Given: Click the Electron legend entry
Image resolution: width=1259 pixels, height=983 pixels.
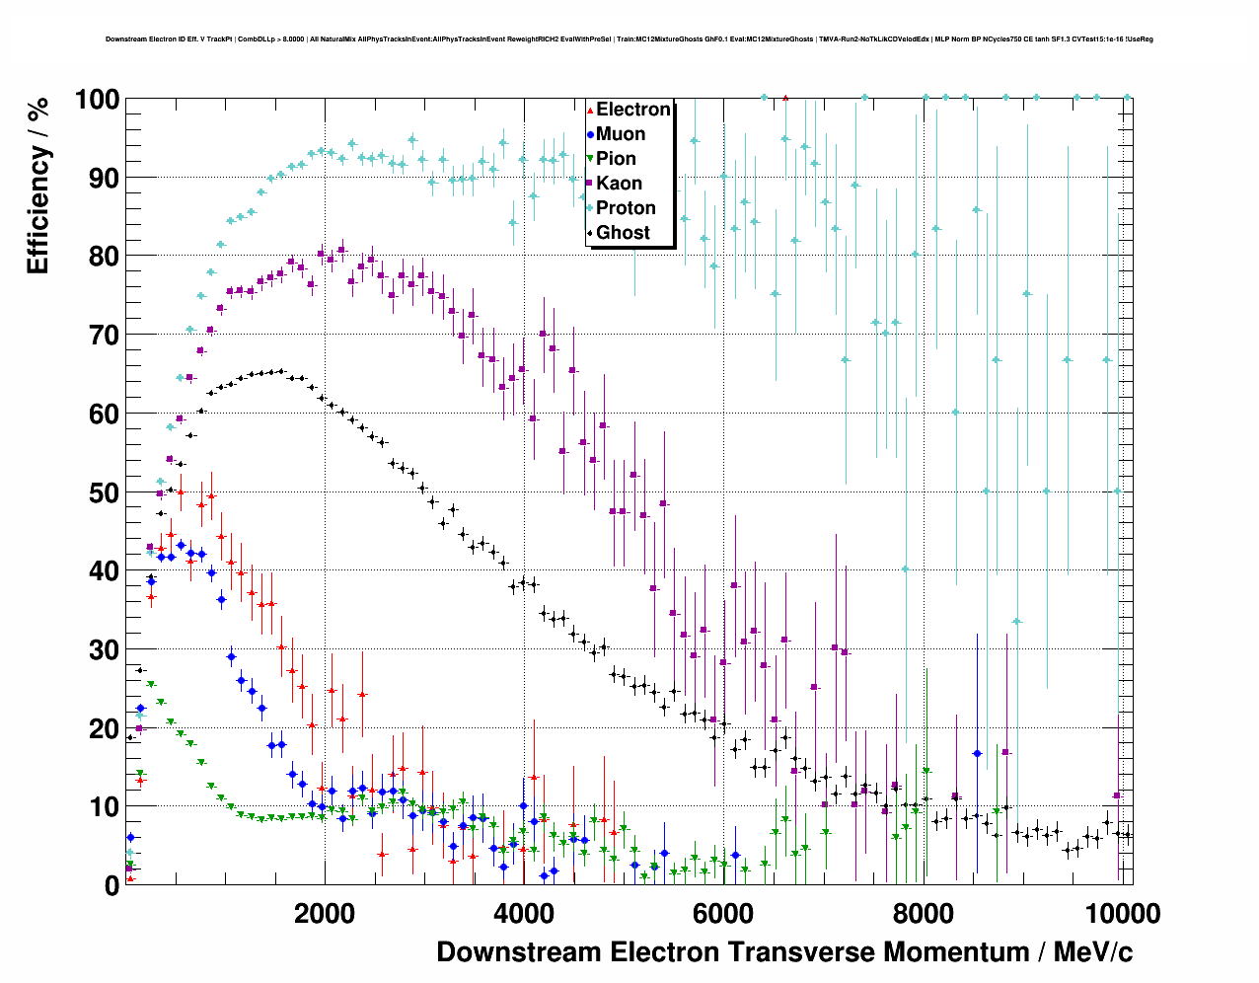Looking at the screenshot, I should coord(632,110).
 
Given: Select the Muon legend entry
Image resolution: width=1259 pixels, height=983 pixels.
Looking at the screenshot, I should coord(620,134).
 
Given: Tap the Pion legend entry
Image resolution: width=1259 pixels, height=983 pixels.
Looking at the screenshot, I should coord(616,159).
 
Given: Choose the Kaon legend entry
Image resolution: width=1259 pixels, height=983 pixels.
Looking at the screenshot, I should coord(619,184).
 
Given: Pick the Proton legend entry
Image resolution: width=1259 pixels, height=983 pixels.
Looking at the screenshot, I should coord(626,208).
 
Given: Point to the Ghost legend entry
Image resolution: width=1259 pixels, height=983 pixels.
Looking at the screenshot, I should coord(623,233).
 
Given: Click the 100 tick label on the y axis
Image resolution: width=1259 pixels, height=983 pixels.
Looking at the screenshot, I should coord(97,100).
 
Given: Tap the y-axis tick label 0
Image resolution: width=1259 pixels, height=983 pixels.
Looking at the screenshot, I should coord(111,885).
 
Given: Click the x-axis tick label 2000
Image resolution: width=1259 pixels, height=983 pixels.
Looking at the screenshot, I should coord(323,914).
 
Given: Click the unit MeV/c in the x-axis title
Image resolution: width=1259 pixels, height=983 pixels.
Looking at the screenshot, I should coord(1092,952).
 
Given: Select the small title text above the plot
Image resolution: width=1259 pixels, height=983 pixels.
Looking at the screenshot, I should coord(629,39).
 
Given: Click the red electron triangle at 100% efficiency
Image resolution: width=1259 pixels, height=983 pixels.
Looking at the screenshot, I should coord(785,98).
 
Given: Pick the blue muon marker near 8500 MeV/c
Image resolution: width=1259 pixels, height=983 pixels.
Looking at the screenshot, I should coord(977,753).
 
